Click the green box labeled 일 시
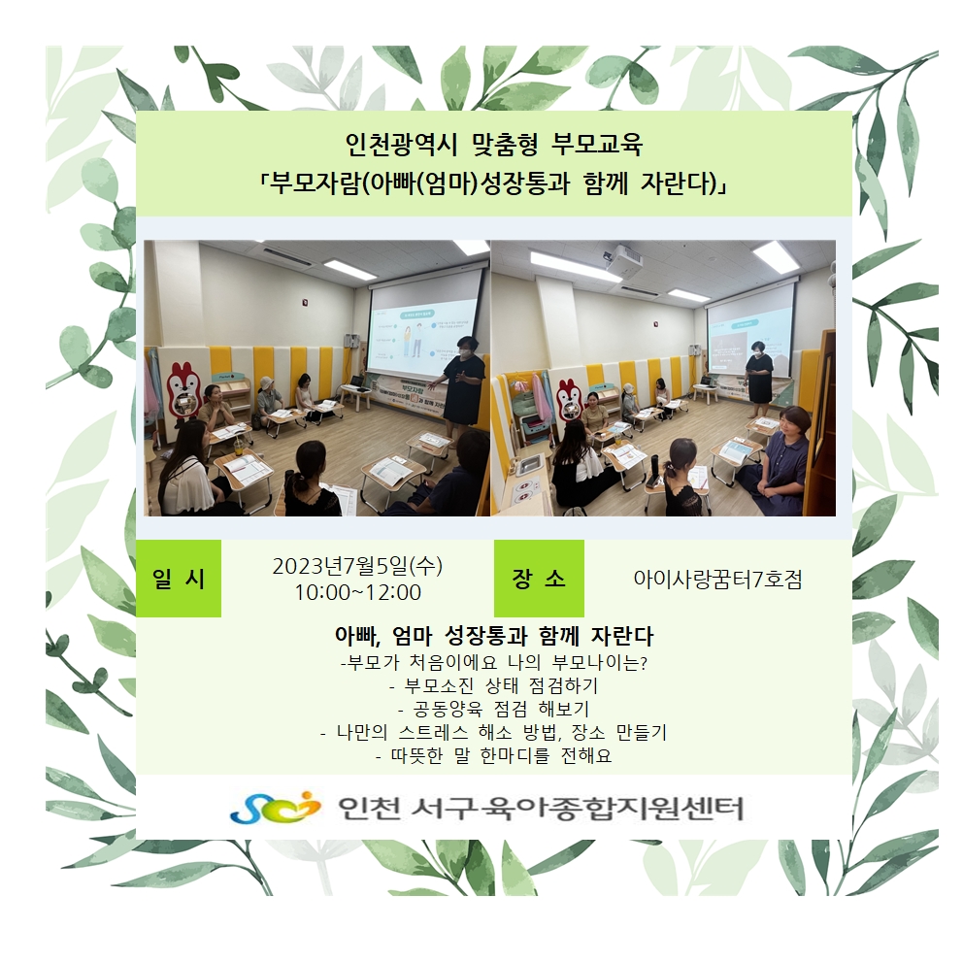coord(178,578)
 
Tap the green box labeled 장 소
coord(539,578)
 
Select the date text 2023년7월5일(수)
coord(357,566)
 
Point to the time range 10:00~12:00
coord(357,593)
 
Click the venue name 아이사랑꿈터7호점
coord(717,580)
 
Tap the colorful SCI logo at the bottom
coord(276,807)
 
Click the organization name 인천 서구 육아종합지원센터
coord(541,808)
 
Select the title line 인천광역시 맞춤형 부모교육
coord(494,145)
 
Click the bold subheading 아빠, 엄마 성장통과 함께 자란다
coord(494,636)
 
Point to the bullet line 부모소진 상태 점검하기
coord(494,685)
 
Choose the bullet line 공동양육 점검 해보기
coord(494,709)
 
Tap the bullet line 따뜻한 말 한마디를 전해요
coord(494,755)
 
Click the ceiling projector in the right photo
coord(623,258)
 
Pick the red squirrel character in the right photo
coord(569,400)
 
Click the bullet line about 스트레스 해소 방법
coord(494,732)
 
